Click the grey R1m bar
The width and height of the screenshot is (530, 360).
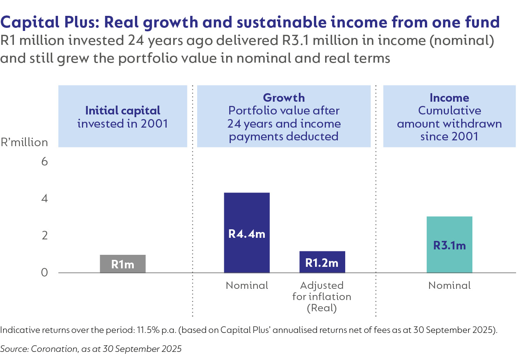tap(123, 264)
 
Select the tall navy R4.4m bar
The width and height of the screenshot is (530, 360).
tap(247, 232)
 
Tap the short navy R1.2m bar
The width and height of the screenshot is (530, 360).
tap(322, 262)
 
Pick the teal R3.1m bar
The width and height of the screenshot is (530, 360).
tap(449, 244)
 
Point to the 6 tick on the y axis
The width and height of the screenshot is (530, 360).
tap(44, 161)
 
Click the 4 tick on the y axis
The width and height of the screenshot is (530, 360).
tap(44, 198)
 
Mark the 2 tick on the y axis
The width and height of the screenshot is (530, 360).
tap(44, 235)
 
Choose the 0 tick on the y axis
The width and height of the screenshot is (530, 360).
tap(44, 272)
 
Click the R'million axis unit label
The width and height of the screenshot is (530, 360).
tap(24, 142)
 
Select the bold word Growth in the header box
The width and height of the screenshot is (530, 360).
tap(284, 97)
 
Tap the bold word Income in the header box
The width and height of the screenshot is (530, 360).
tap(449, 97)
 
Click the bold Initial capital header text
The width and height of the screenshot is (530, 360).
tap(123, 111)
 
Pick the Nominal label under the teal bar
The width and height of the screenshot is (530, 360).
tap(449, 285)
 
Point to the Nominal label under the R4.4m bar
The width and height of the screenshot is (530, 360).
tap(247, 285)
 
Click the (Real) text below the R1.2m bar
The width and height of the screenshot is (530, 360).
tap(322, 308)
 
